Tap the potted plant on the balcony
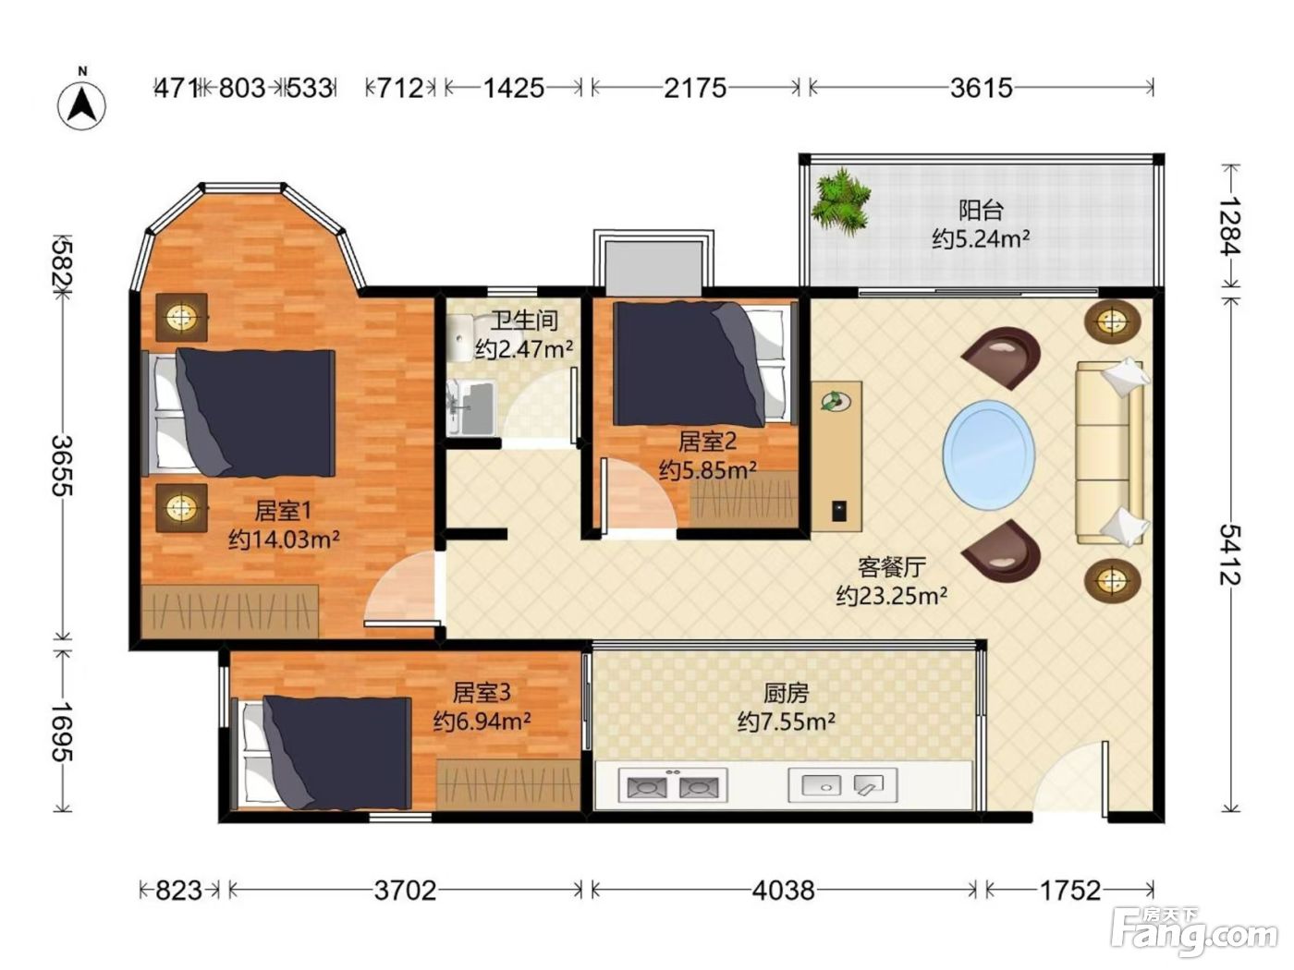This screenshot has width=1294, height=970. [840, 201]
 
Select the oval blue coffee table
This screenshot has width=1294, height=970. [989, 453]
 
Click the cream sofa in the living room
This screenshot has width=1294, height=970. [1111, 453]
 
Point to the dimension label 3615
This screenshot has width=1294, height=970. [981, 89]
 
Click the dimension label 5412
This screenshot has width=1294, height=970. [1230, 555]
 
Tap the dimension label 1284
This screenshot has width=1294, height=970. [1230, 225]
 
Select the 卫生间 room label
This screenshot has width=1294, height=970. [524, 321]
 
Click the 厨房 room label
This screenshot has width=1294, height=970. [786, 694]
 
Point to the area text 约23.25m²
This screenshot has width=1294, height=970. [891, 596]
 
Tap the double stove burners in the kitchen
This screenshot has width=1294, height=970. [673, 785]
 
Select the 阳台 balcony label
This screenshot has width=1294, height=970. [981, 211]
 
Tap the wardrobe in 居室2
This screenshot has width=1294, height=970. [745, 499]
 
